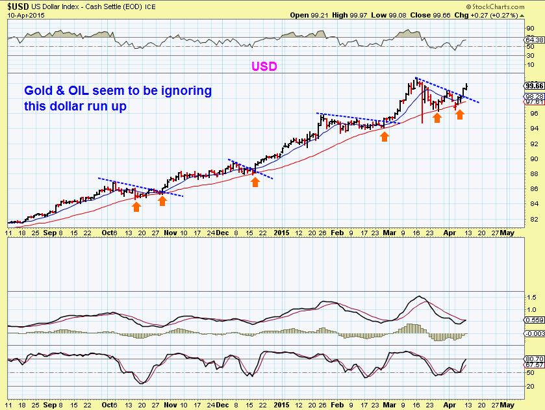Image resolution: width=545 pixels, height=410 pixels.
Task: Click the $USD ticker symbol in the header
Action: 18,6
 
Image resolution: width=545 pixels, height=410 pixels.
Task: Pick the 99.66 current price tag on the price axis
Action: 535,85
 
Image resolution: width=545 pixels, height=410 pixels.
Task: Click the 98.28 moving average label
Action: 535,96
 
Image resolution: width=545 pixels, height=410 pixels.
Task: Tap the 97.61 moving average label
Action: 535,101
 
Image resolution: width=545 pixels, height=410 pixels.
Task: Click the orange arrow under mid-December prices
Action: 255,182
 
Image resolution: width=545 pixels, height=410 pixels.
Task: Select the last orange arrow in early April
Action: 460,114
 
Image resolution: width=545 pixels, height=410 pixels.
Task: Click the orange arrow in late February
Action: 385,136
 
